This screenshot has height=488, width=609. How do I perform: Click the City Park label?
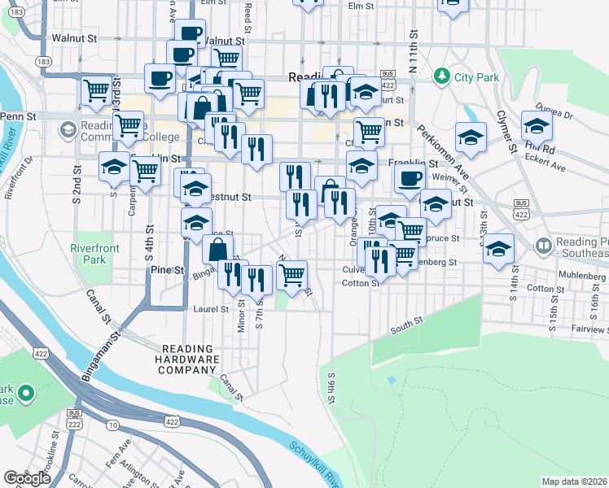coord(475,76)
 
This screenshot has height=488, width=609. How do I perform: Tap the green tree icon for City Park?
coord(442,76)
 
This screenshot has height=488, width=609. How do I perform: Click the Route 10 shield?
coord(112,425)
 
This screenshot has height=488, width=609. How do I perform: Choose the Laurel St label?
coord(210,309)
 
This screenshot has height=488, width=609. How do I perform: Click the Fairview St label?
coord(589,329)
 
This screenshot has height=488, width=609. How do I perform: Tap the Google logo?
coord(27,478)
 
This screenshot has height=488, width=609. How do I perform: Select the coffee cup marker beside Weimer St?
coord(410,179)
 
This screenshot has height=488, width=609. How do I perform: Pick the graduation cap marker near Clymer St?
coord(537,128)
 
